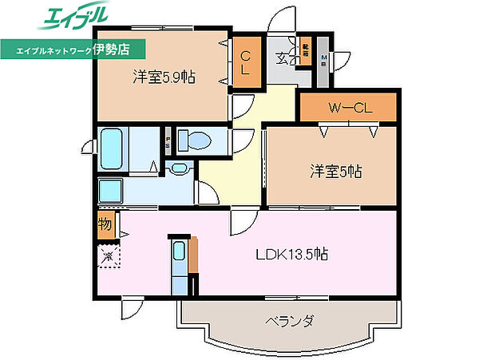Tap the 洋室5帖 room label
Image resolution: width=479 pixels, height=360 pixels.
[335, 171]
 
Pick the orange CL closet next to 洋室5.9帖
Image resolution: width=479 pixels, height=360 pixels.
[245, 62]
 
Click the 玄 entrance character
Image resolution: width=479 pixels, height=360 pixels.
[283, 57]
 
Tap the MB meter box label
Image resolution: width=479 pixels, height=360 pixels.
[324, 60]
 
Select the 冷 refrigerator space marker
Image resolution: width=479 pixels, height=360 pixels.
[107, 256]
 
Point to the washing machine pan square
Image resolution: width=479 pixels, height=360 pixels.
[111, 192]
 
